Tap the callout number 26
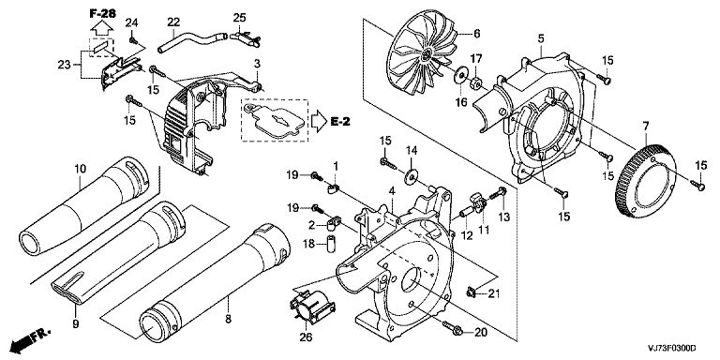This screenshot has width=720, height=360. pyautogui.click(x=306, y=337)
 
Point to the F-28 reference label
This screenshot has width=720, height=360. pyautogui.click(x=101, y=14)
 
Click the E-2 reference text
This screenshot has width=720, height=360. pyautogui.click(x=339, y=121)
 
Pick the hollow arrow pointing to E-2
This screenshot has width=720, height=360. pyautogui.click(x=318, y=121)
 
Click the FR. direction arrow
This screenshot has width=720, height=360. pyautogui.click(x=31, y=339)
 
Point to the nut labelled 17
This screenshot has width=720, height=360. pyautogui.click(x=475, y=84)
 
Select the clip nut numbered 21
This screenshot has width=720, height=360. pyautogui.click(x=470, y=292)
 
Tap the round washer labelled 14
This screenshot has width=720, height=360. pyautogui.click(x=410, y=177)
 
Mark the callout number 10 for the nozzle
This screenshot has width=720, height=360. pyautogui.click(x=80, y=169)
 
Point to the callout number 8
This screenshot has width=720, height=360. pyautogui.click(x=228, y=318)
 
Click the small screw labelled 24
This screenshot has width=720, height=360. pyautogui.click(x=134, y=41)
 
